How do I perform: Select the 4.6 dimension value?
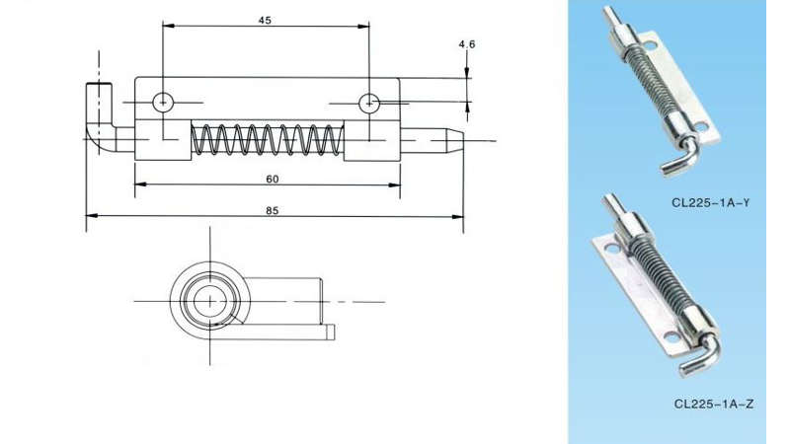pyautogui.click(x=467, y=44)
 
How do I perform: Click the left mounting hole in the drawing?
pyautogui.click(x=163, y=101)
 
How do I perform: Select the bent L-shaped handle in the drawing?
pyautogui.click(x=98, y=123)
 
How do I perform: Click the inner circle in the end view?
pyautogui.click(x=209, y=300)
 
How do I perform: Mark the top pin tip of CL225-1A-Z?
pyautogui.click(x=610, y=204)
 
